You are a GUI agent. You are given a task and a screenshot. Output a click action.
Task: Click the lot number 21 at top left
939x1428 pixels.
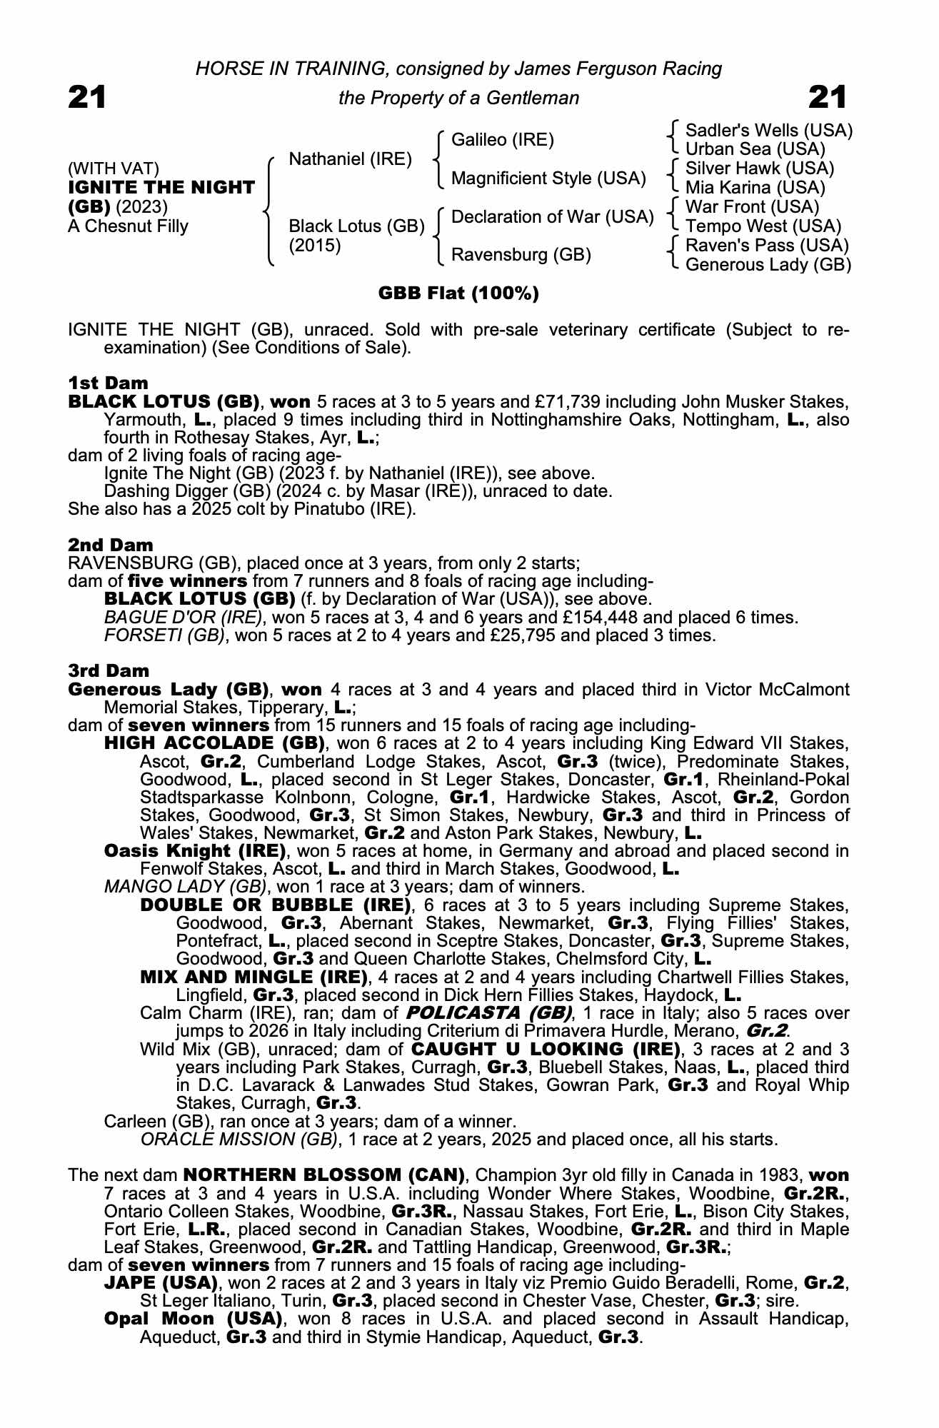point(87,97)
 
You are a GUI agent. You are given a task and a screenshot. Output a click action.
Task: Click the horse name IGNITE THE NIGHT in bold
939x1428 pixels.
point(161,188)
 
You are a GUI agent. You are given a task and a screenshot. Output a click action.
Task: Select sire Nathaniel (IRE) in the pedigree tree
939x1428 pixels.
point(350,159)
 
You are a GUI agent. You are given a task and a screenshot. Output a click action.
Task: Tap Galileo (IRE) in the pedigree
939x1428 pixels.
point(503,140)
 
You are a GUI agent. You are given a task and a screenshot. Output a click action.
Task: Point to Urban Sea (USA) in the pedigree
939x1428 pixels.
point(755,149)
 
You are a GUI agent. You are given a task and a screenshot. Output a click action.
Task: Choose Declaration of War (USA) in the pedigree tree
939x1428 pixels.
point(552,216)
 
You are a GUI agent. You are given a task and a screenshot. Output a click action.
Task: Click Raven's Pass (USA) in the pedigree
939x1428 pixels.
point(766,246)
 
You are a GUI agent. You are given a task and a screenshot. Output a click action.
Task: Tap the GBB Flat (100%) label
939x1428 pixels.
point(458,293)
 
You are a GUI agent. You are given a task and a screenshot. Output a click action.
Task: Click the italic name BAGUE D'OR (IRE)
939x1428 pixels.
point(183,618)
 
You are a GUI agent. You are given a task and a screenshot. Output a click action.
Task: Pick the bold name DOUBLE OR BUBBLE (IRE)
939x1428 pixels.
point(276,906)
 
